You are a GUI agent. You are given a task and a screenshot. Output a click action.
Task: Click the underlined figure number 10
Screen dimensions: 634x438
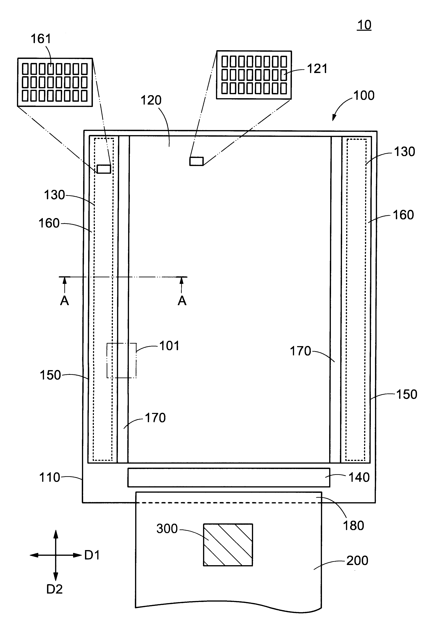coord(364,25)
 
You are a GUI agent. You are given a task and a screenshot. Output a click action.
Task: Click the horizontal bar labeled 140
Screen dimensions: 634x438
coord(228,477)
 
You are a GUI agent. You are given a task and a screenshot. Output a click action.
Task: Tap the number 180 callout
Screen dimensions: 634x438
coord(353,526)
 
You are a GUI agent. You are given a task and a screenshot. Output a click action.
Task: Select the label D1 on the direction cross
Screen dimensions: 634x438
coord(92,555)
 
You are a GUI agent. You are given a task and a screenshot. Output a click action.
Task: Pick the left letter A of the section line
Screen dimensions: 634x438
coord(64,301)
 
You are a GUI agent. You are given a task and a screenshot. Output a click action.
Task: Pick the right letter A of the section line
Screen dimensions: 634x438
coord(182,301)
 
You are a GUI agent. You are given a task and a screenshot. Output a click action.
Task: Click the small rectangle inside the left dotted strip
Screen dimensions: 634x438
coord(104,169)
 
